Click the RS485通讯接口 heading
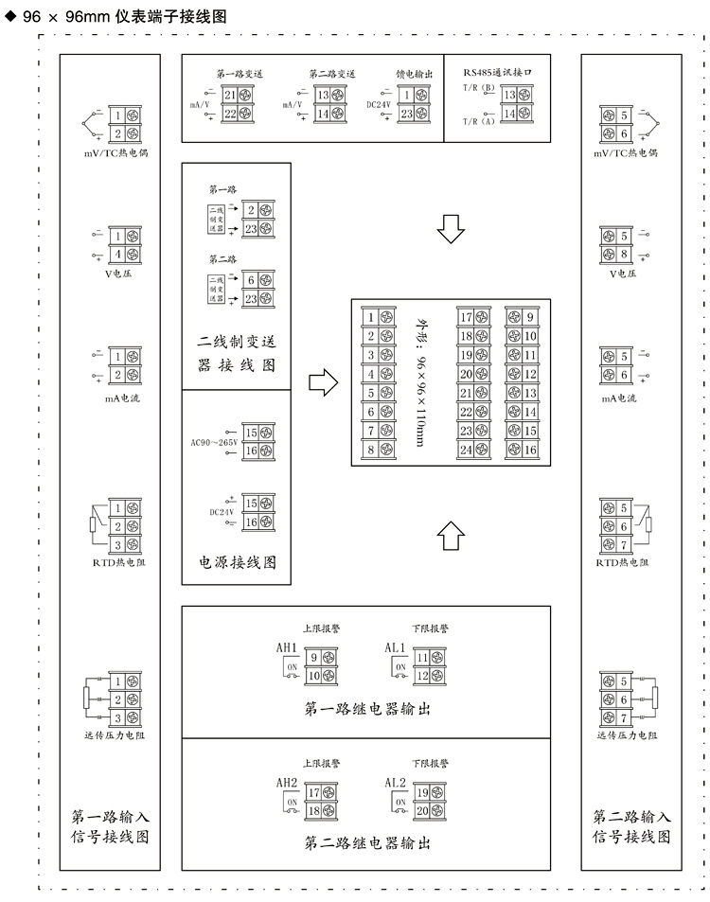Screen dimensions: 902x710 click(x=506, y=72)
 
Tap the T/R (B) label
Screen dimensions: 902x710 click(x=479, y=88)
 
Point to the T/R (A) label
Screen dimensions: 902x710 click(x=479, y=121)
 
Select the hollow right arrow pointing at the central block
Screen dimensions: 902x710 click(x=324, y=383)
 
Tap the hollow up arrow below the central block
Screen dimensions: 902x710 click(x=452, y=535)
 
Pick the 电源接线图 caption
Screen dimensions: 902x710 click(x=237, y=562)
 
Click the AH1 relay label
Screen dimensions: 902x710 click(x=287, y=647)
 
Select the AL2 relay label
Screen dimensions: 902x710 click(x=396, y=783)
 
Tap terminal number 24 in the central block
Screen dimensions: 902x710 click(x=466, y=450)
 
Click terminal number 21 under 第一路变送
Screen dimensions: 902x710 click(x=230, y=96)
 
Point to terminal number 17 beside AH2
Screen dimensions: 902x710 click(x=312, y=793)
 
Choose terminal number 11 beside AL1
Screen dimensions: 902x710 click(x=422, y=657)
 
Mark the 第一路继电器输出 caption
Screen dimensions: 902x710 click(x=367, y=709)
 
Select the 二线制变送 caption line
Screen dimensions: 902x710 click(x=237, y=343)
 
